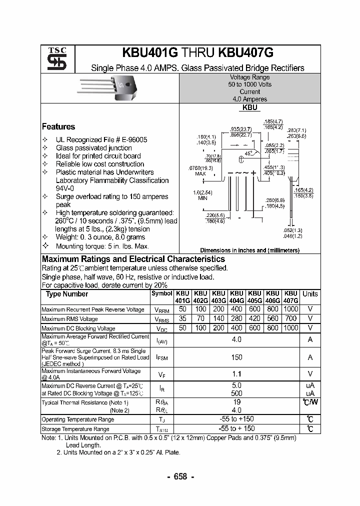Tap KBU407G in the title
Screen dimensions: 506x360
(246, 53)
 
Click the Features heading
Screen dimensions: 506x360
(58, 126)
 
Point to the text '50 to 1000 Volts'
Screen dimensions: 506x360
(250, 84)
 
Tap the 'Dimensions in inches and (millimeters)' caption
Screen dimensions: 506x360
(249, 250)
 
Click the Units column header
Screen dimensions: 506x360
(310, 294)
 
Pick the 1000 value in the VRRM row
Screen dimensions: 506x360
(290, 309)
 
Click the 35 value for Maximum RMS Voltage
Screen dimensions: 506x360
(182, 318)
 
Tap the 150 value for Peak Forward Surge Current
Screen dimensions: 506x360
(236, 357)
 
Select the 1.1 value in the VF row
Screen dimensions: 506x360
(236, 373)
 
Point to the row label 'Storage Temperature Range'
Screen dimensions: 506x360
(75, 429)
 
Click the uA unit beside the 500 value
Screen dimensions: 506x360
(310, 393)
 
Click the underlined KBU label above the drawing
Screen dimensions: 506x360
(249, 107)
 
